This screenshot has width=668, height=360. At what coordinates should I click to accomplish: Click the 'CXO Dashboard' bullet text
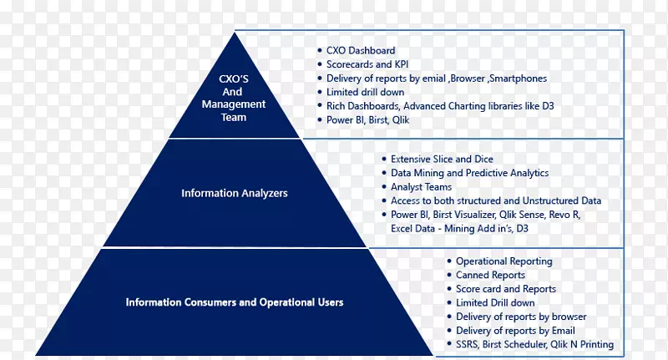tap(361, 51)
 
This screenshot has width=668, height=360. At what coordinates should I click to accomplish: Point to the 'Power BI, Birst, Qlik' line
tap(367, 120)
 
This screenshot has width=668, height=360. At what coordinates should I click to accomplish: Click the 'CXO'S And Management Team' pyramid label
tap(234, 99)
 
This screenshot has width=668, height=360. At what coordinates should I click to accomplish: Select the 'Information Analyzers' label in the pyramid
tap(234, 194)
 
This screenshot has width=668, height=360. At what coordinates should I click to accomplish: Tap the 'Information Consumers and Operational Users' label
tap(234, 302)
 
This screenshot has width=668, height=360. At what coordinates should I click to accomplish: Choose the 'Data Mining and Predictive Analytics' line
tap(469, 173)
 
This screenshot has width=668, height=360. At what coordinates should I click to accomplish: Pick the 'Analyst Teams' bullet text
tap(421, 187)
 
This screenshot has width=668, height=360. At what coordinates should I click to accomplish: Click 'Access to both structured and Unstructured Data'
tap(495, 201)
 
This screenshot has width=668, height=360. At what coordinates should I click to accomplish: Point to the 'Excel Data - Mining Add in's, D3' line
tap(459, 228)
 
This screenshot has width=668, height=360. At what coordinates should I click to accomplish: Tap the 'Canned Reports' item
tap(490, 275)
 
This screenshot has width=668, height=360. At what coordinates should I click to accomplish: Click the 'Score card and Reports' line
tap(505, 289)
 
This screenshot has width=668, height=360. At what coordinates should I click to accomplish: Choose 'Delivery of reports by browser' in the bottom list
tap(520, 317)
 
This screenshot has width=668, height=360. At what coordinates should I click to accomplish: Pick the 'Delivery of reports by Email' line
tap(515, 331)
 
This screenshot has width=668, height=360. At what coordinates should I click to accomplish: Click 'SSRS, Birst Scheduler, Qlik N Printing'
tap(534, 345)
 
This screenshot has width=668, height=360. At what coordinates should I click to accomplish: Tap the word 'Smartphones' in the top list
tap(519, 79)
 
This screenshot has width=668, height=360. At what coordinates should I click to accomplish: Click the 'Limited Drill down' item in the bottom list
tap(495, 302)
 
